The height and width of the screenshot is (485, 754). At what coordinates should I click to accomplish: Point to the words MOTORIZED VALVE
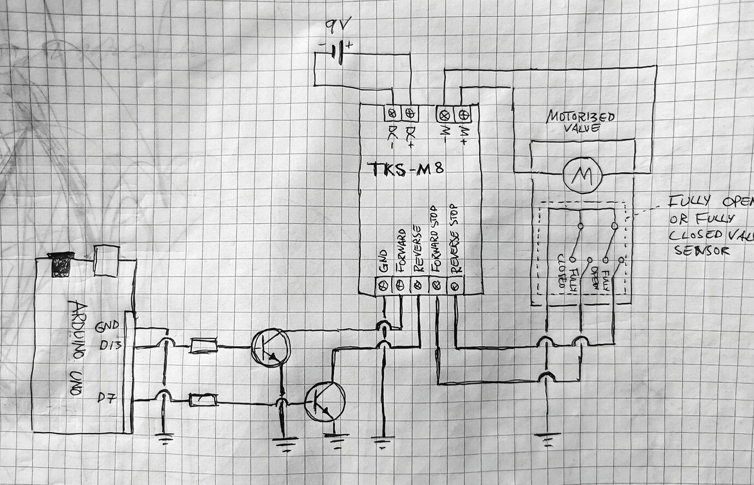coord(581,121)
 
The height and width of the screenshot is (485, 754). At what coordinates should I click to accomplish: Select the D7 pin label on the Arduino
coord(108,398)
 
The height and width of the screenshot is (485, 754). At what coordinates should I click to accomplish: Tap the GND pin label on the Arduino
coord(107,327)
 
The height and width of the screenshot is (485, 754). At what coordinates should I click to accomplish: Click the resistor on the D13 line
coord(203,346)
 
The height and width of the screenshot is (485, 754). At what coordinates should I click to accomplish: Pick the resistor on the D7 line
coord(203,401)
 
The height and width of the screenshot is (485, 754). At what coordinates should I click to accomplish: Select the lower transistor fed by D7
coord(325,402)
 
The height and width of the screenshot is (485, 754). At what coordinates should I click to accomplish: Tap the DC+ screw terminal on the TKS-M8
coord(410,114)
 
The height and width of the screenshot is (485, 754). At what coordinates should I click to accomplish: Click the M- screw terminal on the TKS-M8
coord(444,115)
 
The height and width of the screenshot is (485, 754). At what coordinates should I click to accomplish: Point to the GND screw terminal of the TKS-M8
coord(384,285)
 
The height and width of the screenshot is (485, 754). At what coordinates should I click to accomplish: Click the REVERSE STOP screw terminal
coord(455,285)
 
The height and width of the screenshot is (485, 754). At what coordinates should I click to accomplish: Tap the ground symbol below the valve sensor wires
coord(547,437)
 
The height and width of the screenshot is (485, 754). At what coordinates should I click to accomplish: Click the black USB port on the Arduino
coord(61,264)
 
